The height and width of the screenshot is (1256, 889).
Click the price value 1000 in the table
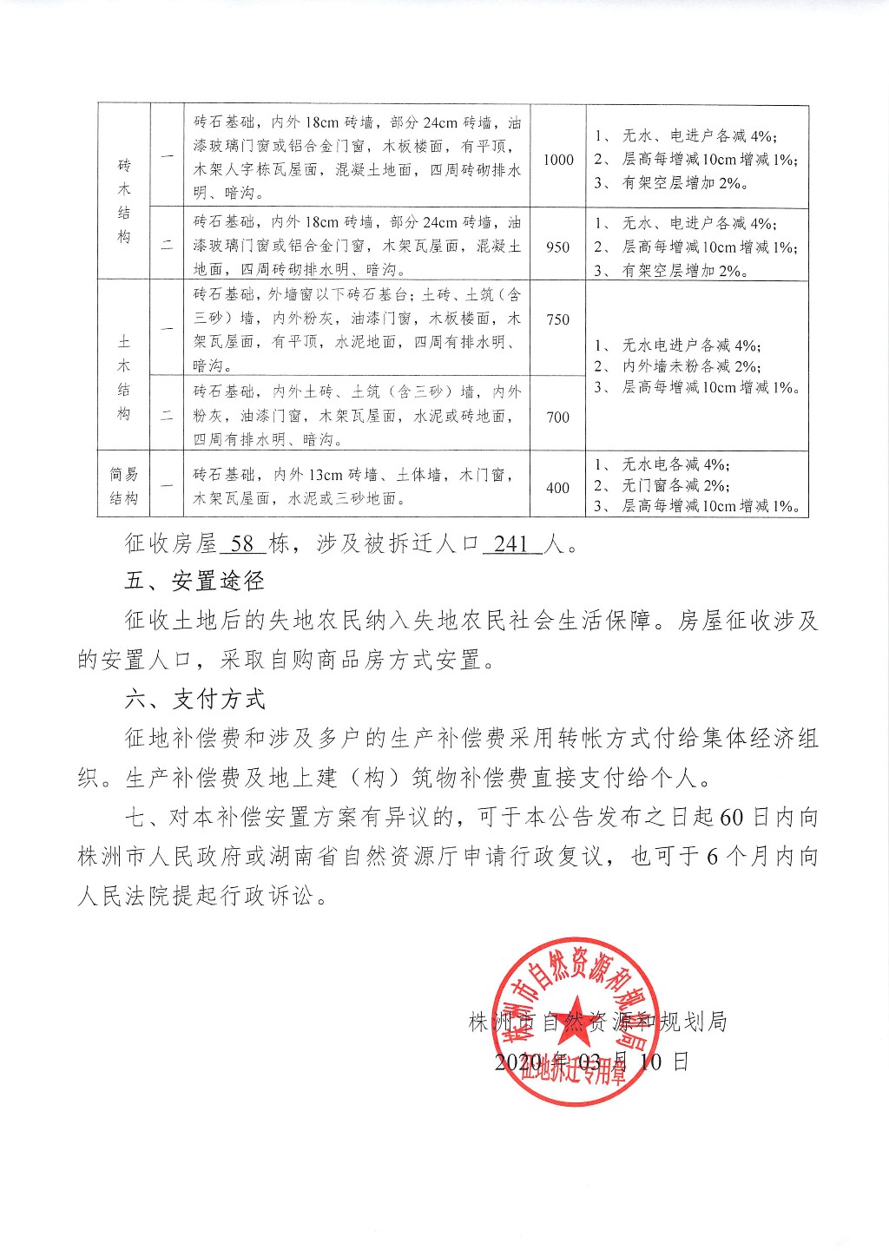point(558,159)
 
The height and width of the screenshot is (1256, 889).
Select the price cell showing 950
point(558,247)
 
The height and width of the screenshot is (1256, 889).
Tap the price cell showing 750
point(558,319)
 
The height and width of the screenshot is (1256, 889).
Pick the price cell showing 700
point(558,417)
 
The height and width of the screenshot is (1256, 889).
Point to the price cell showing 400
point(558,488)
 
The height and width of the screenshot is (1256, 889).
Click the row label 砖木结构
point(123,201)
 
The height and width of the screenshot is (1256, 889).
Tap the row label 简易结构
point(123,486)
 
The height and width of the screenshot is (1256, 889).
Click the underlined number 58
point(243,544)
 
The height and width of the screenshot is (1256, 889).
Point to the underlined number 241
point(511,544)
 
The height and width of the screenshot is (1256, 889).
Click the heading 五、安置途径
point(194,582)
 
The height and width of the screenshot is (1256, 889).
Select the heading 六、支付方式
point(194,700)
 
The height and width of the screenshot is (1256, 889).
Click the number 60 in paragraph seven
point(732,818)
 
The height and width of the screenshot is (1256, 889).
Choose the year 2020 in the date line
point(517,1061)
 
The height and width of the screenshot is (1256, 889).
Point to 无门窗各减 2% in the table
point(675,485)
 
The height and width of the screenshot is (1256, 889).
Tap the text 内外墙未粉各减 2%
point(691,366)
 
